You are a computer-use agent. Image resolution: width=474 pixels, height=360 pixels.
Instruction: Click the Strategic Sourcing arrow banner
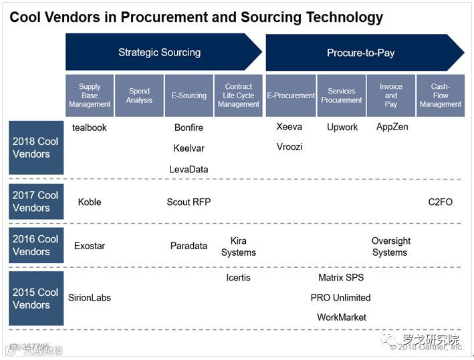click(159, 52)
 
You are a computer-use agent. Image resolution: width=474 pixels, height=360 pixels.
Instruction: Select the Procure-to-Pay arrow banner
click(360, 53)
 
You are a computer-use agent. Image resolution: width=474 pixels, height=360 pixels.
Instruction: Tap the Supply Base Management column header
click(90, 96)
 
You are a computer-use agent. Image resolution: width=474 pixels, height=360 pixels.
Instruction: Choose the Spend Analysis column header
click(139, 96)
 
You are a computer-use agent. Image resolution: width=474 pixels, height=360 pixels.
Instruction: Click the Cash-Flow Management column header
click(440, 96)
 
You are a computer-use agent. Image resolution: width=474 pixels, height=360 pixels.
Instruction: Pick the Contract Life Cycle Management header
click(239, 96)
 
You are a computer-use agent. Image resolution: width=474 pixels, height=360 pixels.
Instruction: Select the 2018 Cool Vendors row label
click(36, 148)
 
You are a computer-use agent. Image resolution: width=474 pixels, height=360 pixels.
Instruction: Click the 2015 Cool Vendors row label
click(36, 299)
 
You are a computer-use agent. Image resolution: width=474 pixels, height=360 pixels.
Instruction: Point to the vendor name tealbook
click(90, 127)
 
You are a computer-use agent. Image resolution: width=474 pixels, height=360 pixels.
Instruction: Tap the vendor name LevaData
click(189, 170)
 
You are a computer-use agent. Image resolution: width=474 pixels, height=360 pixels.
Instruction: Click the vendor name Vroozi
click(289, 146)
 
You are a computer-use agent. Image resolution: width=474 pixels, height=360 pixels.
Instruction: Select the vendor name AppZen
click(392, 127)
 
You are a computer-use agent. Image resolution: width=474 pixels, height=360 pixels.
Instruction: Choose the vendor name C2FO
click(441, 202)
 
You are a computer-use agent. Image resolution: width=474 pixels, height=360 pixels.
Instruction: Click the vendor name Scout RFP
click(189, 202)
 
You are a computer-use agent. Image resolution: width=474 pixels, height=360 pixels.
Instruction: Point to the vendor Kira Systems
click(239, 246)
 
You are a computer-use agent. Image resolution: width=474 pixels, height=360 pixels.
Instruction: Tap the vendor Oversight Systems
click(390, 246)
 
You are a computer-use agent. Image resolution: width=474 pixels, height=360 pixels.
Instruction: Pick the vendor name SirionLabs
click(90, 297)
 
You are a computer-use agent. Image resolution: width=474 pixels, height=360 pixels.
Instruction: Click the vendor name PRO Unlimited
click(340, 297)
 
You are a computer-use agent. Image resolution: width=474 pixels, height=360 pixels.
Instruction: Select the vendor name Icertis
click(239, 277)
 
